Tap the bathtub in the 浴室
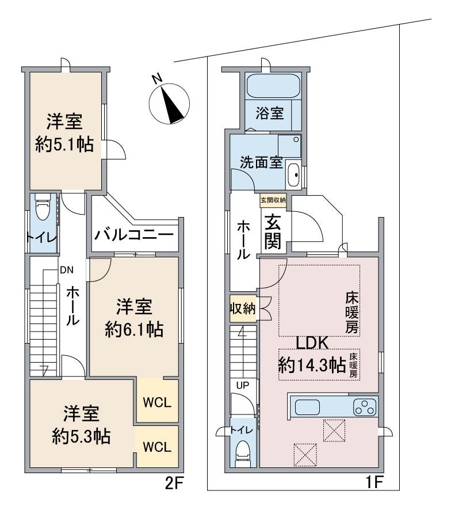[x=273, y=86]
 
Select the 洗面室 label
[x=261, y=162]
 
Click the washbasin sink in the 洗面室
[x=293, y=174]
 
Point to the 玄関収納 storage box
[x=273, y=200]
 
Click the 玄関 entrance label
[x=273, y=231]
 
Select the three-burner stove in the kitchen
[x=365, y=407]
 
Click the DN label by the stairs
[x=67, y=270]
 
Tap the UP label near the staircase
[x=243, y=386]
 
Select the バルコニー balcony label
[x=134, y=234]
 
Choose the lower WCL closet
[x=158, y=447]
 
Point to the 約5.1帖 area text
[x=64, y=144]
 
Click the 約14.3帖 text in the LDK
[x=312, y=364]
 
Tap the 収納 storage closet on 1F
[x=243, y=309]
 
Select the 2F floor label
[x=175, y=484]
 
